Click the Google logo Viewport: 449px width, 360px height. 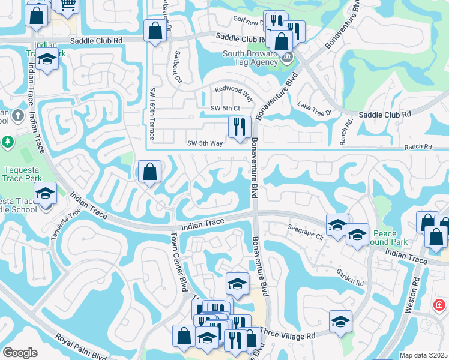point(20,353)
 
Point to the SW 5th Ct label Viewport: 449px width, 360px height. point(226,108)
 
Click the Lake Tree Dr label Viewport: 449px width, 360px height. point(314,109)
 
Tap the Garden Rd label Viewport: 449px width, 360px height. point(351,276)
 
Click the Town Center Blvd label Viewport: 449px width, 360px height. point(178,262)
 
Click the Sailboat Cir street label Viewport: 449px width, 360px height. point(178,67)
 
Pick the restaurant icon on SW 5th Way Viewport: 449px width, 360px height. point(239,127)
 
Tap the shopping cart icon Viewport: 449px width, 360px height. point(68,5)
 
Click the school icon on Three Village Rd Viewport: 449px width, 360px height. point(340,321)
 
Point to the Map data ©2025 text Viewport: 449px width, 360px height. point(423,355)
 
